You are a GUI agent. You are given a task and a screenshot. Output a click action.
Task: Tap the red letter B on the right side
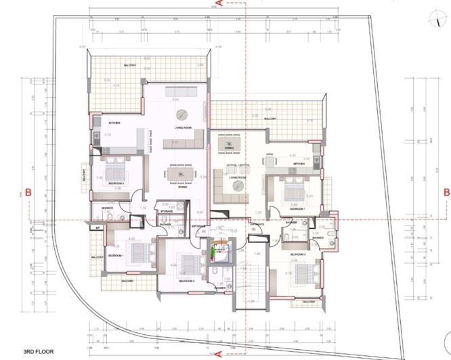[x=446, y=192]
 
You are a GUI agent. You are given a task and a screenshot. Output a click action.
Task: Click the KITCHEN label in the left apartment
[x=115, y=122]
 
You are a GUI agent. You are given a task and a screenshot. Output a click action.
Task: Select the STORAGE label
[x=167, y=212]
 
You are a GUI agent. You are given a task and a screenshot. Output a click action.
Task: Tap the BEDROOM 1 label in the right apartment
[x=298, y=210]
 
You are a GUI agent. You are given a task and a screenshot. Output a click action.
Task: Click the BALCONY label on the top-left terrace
[x=129, y=66]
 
